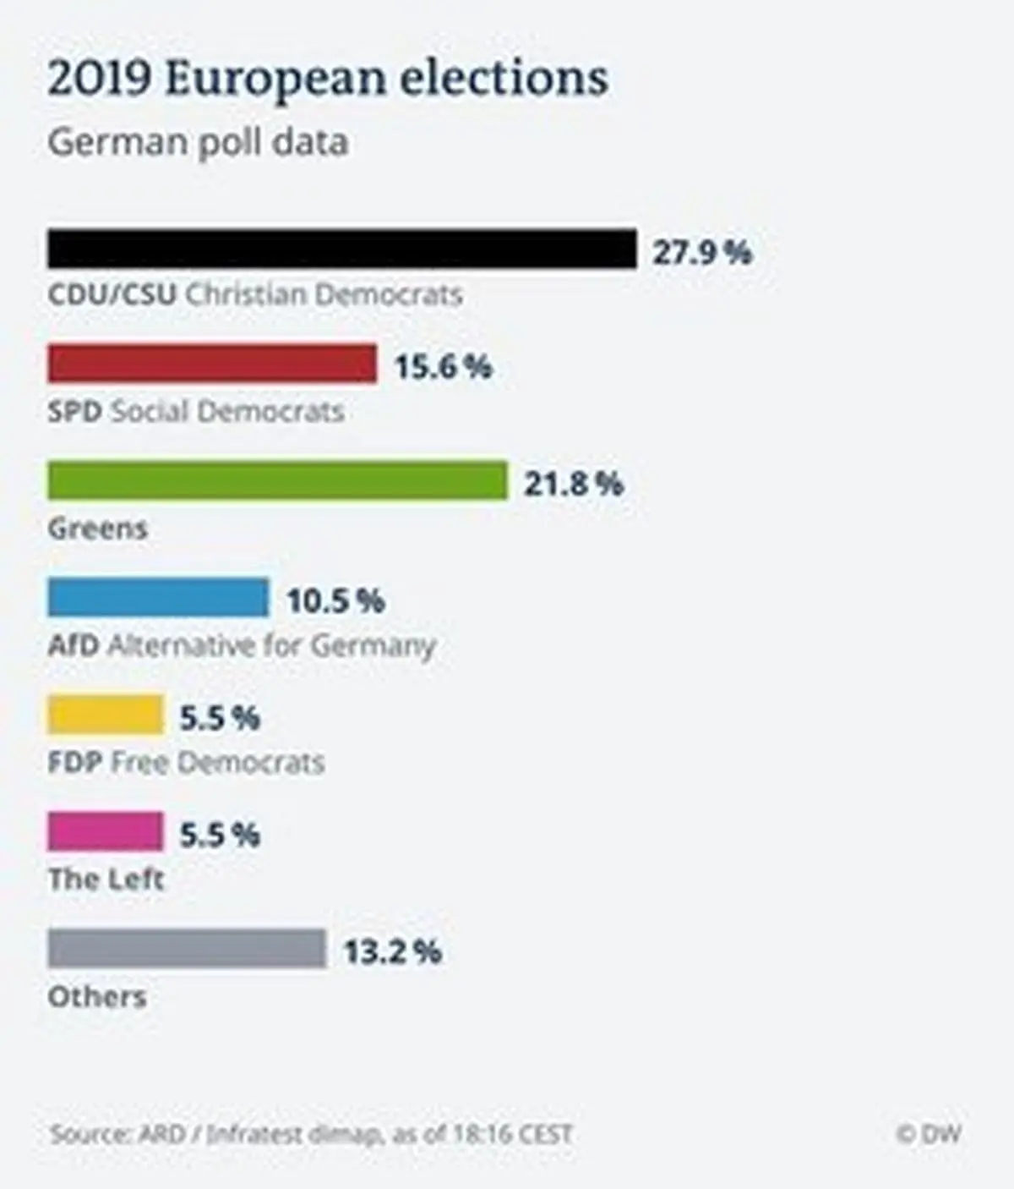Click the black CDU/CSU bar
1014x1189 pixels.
pyautogui.click(x=341, y=249)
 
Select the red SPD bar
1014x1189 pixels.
pyautogui.click(x=212, y=364)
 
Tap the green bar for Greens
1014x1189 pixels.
pyautogui.click(x=277, y=480)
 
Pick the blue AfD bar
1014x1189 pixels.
pyautogui.click(x=158, y=597)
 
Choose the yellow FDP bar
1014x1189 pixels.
pyautogui.click(x=106, y=715)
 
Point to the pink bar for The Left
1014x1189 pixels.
pyautogui.click(x=106, y=831)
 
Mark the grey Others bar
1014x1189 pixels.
pyautogui.click(x=187, y=948)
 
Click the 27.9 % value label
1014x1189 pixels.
pyautogui.click(x=701, y=252)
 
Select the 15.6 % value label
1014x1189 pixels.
pyautogui.click(x=443, y=367)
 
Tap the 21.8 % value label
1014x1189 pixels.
pyautogui.click(x=573, y=484)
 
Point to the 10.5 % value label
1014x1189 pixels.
pyautogui.click(x=335, y=600)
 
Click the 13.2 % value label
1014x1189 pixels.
pyautogui.click(x=392, y=951)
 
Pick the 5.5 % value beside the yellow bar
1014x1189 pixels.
pyautogui.click(x=220, y=718)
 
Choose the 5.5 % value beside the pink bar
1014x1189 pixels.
pyautogui.click(x=220, y=835)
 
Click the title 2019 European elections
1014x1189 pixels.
pyautogui.click(x=328, y=79)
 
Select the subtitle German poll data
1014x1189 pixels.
pyautogui.click(x=198, y=141)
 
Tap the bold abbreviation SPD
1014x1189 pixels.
pyautogui.click(x=74, y=412)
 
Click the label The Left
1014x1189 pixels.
pyautogui.click(x=106, y=879)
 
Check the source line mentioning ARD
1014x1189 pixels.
pyautogui.click(x=311, y=1133)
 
